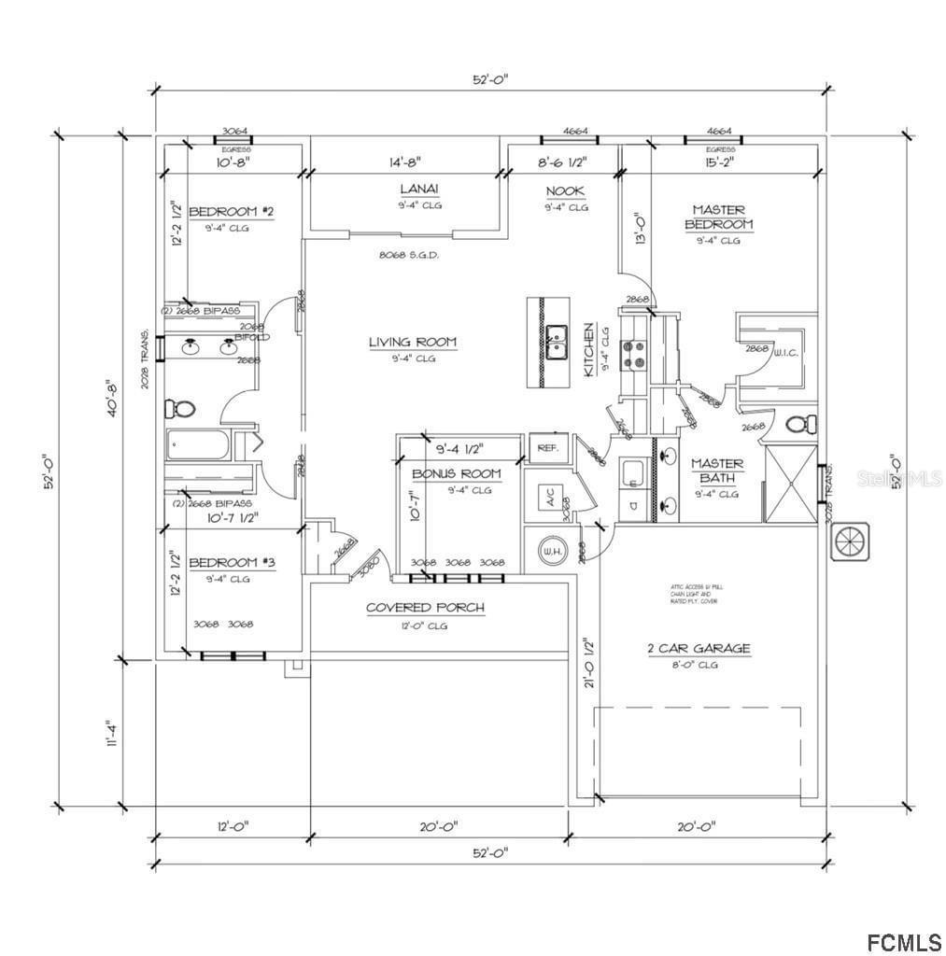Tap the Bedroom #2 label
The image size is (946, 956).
pos(231,212)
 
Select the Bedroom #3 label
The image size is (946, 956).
pos(232,563)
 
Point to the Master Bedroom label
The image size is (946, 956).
pos(718,218)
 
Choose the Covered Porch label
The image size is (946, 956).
pos(425,608)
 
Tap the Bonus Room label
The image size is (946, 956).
pos(457,474)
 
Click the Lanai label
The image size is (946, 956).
pos(420,190)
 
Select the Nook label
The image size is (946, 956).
pos(566,191)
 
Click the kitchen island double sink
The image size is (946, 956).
pos(557,342)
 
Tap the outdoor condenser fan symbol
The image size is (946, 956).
pos(851,541)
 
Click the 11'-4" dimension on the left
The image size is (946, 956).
pos(112,733)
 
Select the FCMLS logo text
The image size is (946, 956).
pos(903,939)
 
